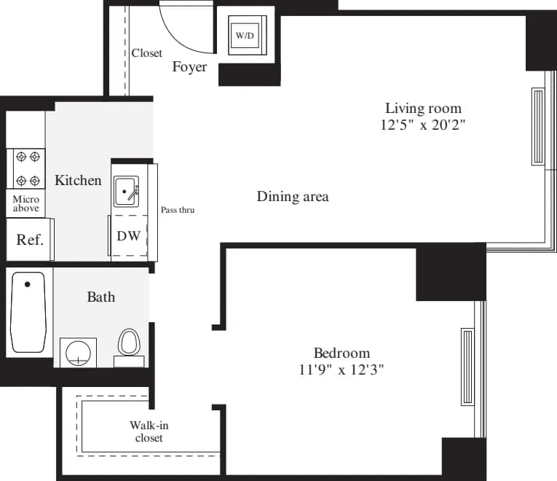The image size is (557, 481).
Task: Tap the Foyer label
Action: click(x=189, y=67)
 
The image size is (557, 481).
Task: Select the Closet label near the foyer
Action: click(x=147, y=53)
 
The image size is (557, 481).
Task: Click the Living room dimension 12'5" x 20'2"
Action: click(x=423, y=125)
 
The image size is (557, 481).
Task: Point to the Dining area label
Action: click(x=293, y=197)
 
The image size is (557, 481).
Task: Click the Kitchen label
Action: click(x=78, y=180)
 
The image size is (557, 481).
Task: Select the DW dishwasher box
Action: click(x=129, y=237)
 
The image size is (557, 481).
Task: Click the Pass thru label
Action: click(x=178, y=210)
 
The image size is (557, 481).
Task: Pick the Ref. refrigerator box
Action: click(x=30, y=240)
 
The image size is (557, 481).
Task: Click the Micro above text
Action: click(x=26, y=203)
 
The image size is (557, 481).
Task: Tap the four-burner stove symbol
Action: click(x=27, y=168)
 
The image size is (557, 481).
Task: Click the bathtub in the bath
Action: click(x=28, y=312)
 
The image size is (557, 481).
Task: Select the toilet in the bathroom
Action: click(x=129, y=344)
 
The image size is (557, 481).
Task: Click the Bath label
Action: click(x=100, y=297)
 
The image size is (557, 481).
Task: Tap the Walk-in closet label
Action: click(x=149, y=431)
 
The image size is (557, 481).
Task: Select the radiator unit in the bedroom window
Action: click(x=467, y=367)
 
